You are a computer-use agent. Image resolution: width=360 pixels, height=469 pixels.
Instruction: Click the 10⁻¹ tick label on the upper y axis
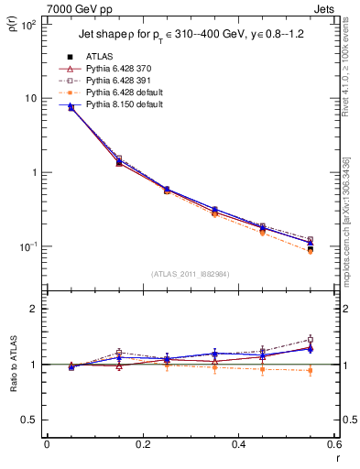(x=27, y=247)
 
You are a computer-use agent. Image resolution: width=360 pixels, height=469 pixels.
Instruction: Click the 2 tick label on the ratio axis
(x=33, y=309)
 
